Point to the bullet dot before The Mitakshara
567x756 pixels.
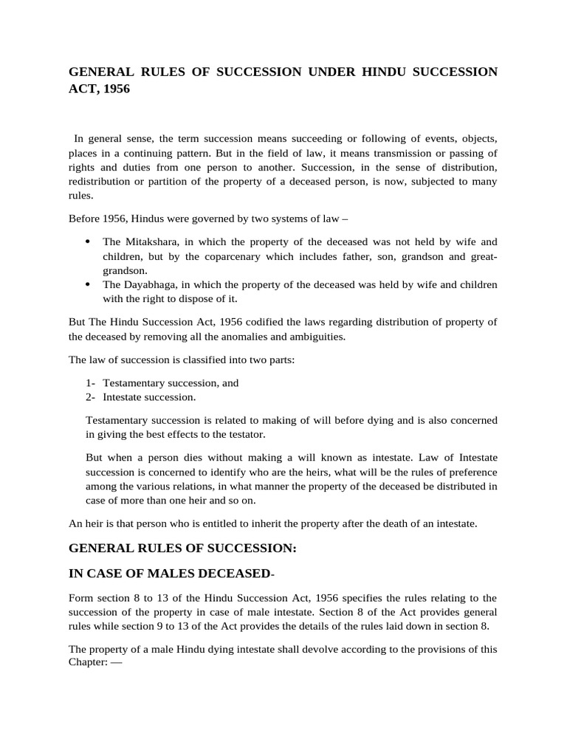88,241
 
